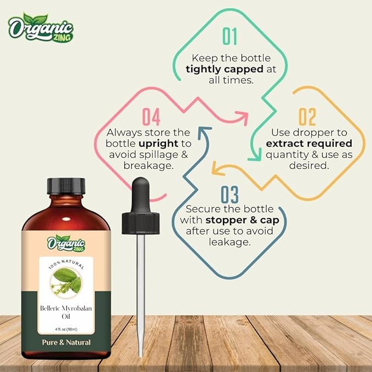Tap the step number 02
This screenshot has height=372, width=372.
(x=307, y=117)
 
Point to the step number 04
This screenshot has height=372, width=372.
(x=151, y=117)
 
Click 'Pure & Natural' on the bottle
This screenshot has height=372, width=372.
(x=67, y=342)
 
